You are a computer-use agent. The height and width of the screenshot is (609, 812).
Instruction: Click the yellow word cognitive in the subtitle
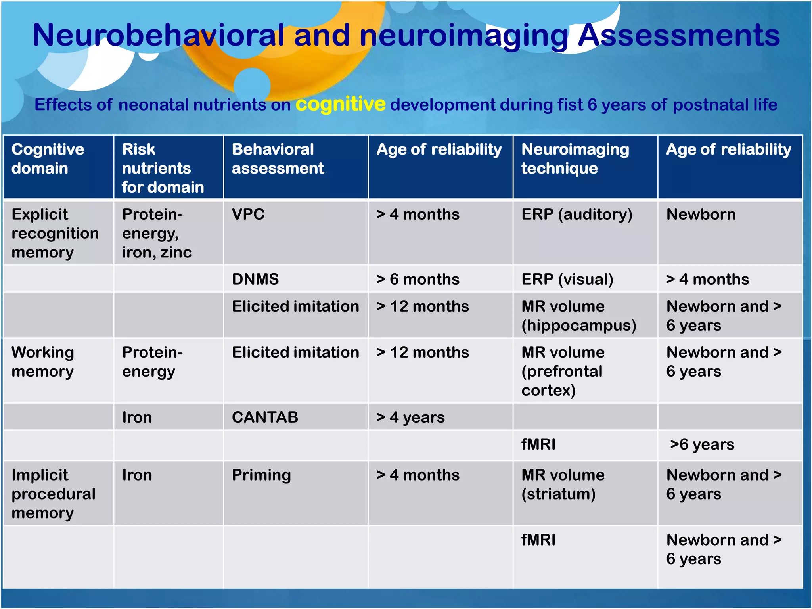340,105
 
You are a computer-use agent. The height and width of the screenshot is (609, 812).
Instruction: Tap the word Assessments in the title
679,36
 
